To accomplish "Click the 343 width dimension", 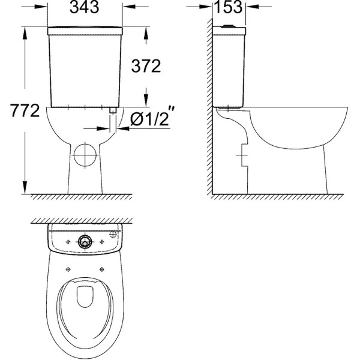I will point(85,8).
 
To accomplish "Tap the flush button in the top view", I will point(85,242).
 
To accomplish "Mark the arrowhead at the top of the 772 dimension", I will point(25,30).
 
